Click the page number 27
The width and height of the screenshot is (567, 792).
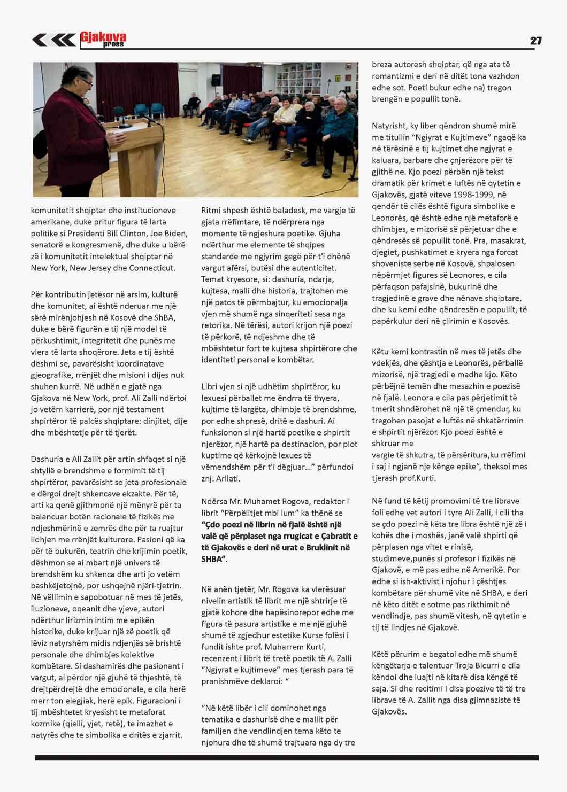(x=535, y=41)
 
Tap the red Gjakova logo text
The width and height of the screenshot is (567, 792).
(x=103, y=37)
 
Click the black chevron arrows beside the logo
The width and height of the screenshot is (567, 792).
(x=54, y=40)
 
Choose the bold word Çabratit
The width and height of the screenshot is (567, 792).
(x=339, y=536)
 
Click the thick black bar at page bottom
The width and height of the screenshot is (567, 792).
(x=287, y=758)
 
